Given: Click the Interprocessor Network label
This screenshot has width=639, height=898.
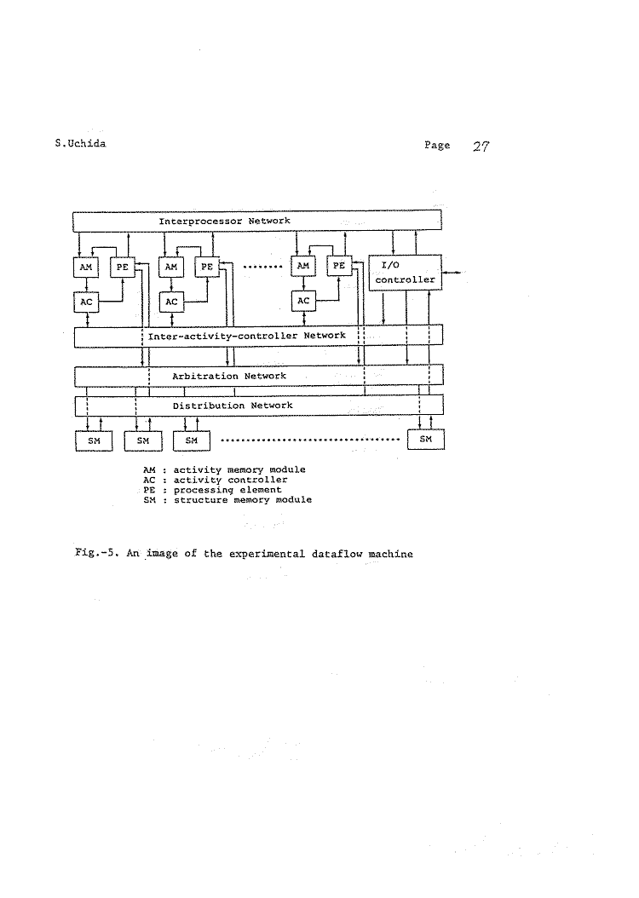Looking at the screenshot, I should (x=225, y=221).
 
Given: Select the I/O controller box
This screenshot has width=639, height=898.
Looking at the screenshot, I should (x=404, y=272).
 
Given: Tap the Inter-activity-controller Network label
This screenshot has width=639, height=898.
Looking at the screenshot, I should (x=247, y=336).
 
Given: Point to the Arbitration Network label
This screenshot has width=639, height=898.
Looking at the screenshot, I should (x=229, y=376).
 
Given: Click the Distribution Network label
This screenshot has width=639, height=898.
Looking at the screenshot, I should (x=233, y=406).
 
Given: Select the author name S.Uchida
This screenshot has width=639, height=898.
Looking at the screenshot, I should (x=80, y=144).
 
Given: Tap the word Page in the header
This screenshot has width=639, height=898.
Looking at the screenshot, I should (x=437, y=146).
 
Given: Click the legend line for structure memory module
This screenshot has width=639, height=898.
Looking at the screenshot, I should (x=227, y=500).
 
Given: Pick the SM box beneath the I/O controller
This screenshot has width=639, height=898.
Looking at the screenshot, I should (x=426, y=439).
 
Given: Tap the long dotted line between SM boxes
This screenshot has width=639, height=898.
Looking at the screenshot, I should (x=309, y=440).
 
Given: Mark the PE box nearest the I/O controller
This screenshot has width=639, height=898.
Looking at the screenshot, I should (x=339, y=266).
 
